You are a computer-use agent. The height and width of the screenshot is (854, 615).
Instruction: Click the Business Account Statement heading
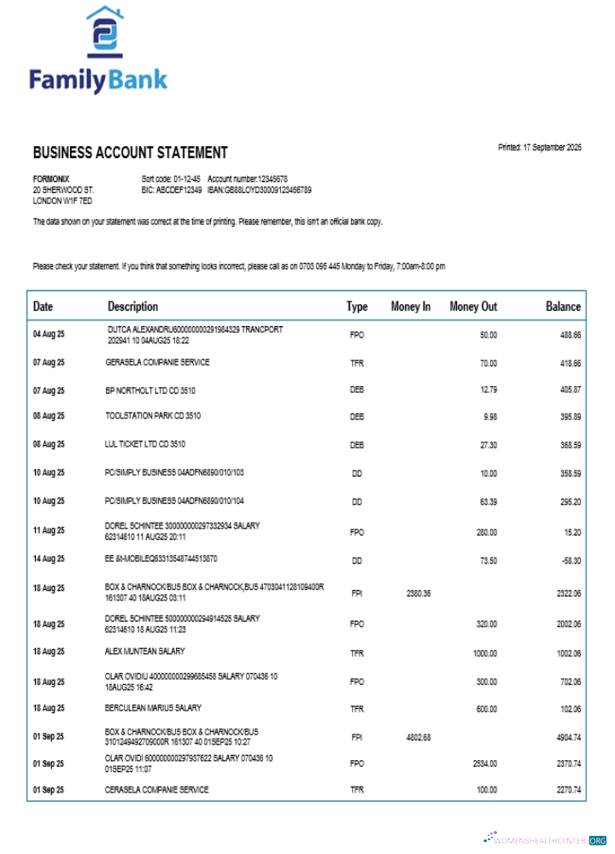[130, 153]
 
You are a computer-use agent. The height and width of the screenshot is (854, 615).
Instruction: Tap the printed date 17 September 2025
[539, 148]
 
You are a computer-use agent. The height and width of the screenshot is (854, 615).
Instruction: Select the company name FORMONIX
[50, 178]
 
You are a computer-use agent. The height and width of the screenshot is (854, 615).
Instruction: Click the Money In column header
[410, 307]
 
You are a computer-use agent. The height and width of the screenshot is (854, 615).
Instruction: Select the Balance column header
[563, 307]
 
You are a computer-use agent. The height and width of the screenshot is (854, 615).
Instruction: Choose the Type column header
[356, 307]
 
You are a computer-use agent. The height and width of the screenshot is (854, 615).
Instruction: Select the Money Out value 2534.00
[484, 763]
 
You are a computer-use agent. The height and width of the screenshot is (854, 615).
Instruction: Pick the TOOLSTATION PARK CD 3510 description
[153, 416]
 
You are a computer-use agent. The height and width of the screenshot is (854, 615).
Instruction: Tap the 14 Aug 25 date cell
[49, 559]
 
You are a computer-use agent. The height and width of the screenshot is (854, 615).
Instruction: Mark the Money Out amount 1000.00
[484, 653]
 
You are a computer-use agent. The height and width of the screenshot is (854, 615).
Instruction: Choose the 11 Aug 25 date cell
[49, 531]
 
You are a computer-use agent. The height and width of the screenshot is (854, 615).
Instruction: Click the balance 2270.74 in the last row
[568, 790]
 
